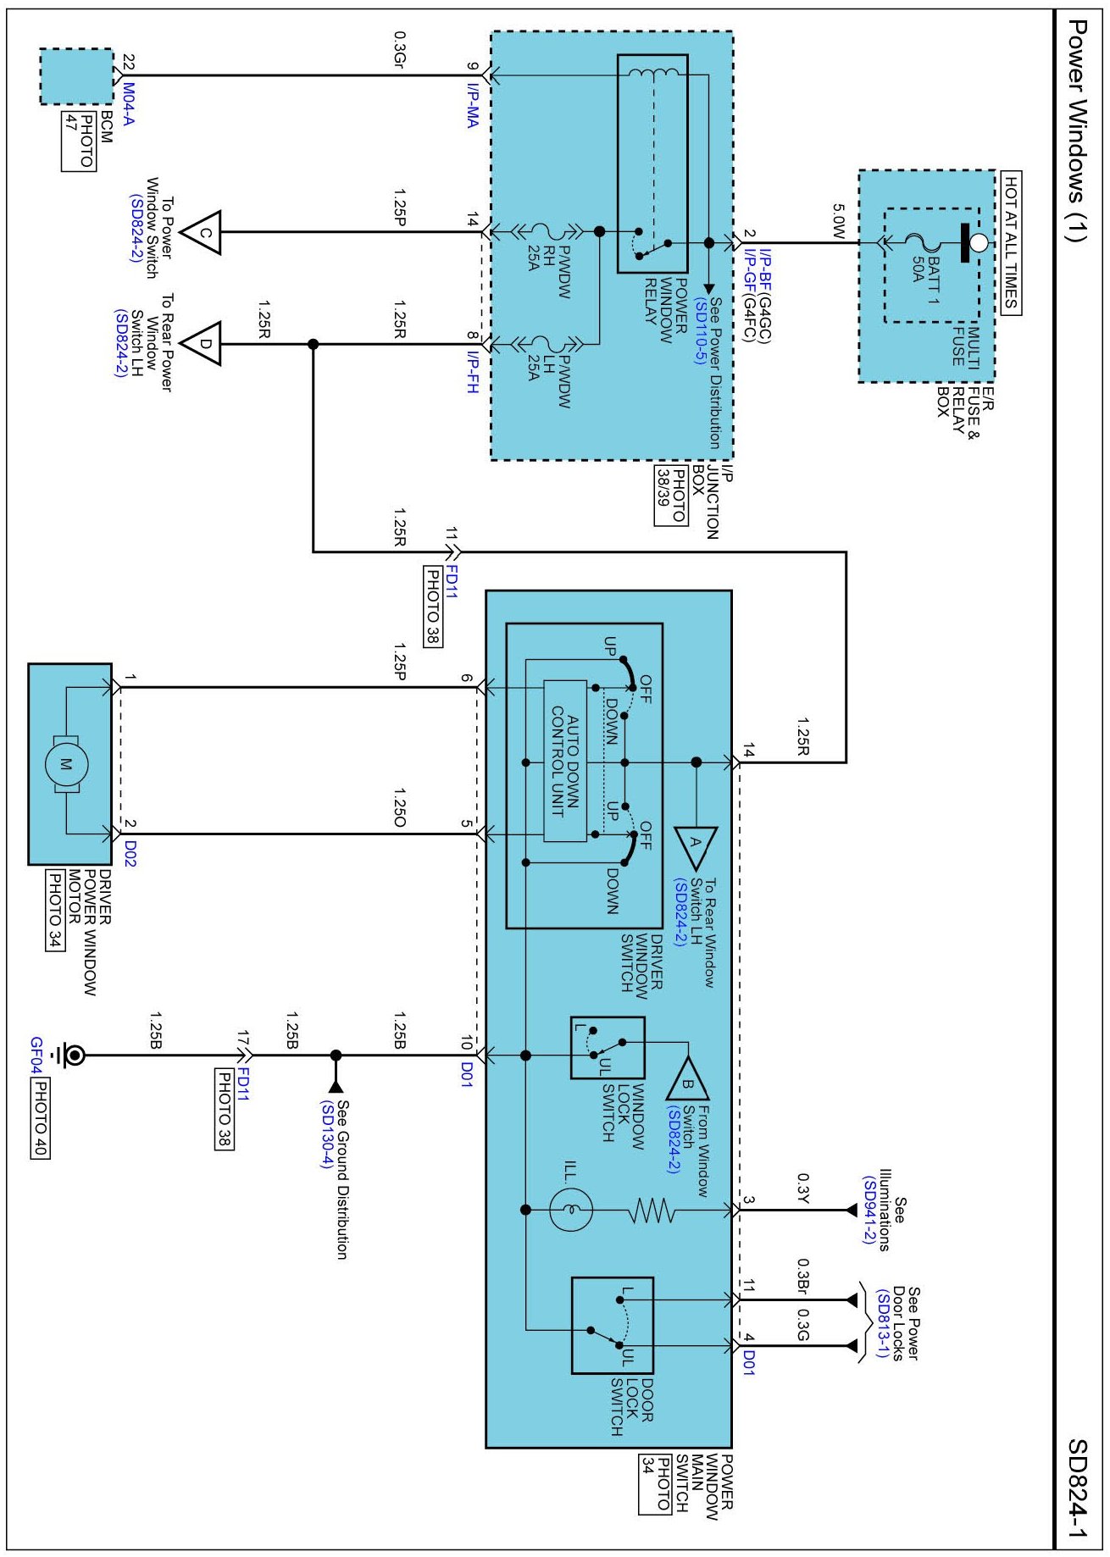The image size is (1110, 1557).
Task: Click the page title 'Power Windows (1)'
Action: (x=1076, y=131)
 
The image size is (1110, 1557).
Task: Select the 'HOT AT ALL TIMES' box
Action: (x=1011, y=243)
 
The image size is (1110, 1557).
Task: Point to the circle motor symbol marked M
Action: (x=66, y=764)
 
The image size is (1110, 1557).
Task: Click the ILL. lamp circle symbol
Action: (x=570, y=1210)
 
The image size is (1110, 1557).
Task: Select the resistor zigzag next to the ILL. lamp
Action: (x=652, y=1211)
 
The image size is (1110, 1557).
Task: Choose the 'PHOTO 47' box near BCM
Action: (x=79, y=141)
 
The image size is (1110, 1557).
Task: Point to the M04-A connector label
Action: (x=128, y=103)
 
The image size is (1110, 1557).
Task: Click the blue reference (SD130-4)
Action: (x=326, y=1134)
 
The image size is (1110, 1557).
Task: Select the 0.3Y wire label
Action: (x=804, y=1188)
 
